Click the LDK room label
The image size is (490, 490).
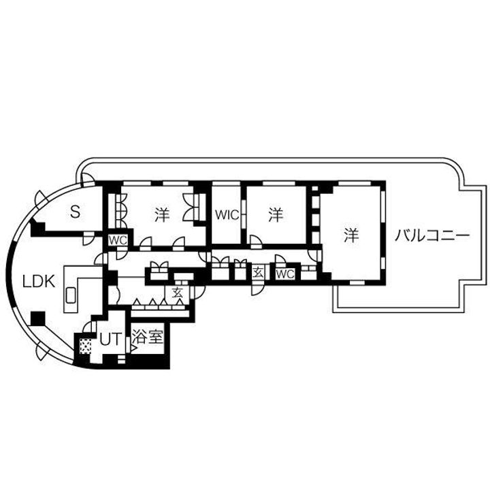click(x=39, y=282)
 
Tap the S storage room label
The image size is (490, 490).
click(x=75, y=212)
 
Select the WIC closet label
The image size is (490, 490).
click(x=227, y=215)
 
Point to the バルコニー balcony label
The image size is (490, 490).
click(x=432, y=235)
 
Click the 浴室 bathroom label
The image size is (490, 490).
click(x=148, y=337)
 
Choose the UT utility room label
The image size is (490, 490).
click(x=110, y=340)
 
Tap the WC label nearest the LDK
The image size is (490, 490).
click(x=118, y=240)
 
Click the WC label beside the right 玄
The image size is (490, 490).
click(x=285, y=274)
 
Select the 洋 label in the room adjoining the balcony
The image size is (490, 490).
click(x=351, y=235)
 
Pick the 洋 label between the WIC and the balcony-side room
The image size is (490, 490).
click(x=276, y=215)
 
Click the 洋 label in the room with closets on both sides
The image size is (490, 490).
click(x=162, y=215)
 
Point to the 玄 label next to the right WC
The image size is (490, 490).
click(x=258, y=273)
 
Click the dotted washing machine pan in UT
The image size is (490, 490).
click(x=85, y=346)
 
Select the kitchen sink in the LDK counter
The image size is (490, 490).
click(x=71, y=295)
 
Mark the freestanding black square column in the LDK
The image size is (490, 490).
click(x=38, y=318)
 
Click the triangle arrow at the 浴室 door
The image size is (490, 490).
click(x=134, y=348)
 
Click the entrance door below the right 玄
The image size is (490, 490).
click(x=257, y=288)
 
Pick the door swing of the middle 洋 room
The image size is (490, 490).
click(x=257, y=242)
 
